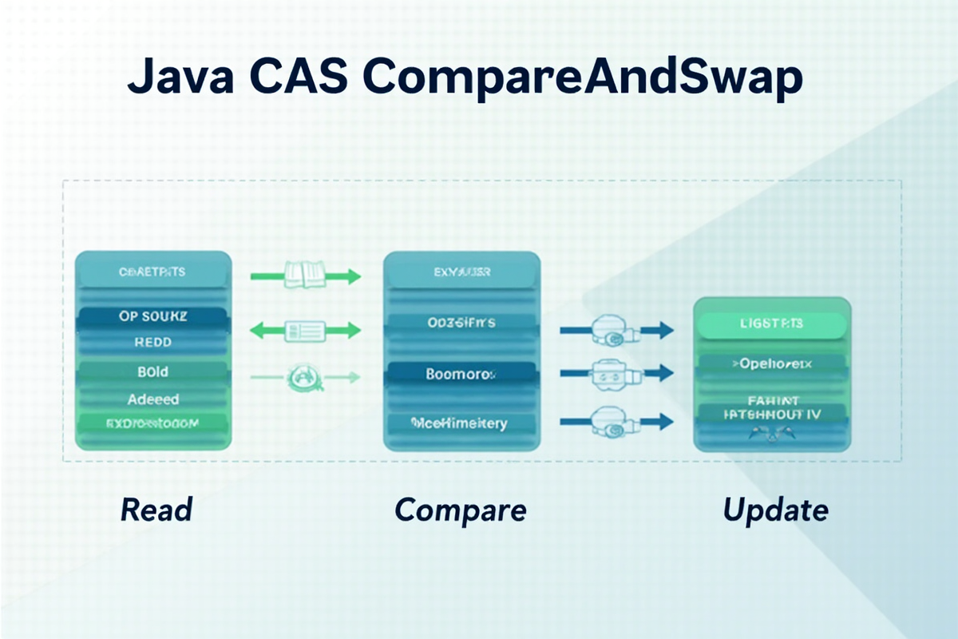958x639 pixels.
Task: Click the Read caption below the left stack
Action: [x=156, y=509]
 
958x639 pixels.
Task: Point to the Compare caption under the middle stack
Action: [x=461, y=510]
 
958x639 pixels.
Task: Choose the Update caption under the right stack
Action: [x=775, y=509]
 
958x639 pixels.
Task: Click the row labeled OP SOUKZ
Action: [x=152, y=316]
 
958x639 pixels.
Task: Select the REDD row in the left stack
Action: [x=152, y=343]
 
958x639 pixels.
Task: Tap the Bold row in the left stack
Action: [x=152, y=371]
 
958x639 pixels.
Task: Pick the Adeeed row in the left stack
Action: [x=152, y=398]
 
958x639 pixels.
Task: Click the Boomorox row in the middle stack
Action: [x=461, y=373]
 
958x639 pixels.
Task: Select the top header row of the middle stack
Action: [x=461, y=272]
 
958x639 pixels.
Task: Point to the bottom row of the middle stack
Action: [x=461, y=423]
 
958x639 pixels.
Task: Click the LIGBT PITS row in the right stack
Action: [x=771, y=323]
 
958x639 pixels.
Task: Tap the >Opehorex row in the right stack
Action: [x=771, y=364]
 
